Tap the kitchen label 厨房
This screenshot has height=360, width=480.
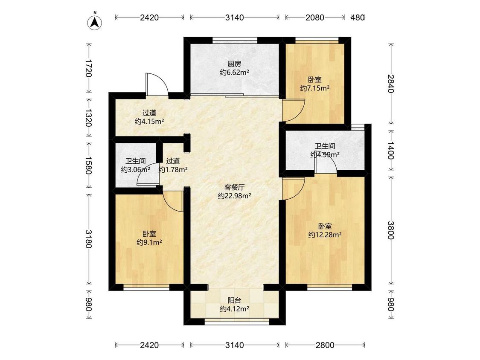(234, 64)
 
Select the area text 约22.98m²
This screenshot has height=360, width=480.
(235, 196)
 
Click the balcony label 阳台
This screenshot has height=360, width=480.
(234, 300)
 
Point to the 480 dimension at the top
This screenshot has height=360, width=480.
(357, 17)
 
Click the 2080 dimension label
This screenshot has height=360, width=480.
(314, 17)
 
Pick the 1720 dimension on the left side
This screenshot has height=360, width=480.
(88, 69)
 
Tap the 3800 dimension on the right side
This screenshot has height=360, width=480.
(391, 230)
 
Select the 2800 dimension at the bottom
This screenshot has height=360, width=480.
(325, 345)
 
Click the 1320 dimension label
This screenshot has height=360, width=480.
(88, 118)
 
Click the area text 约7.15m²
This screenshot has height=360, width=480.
(314, 88)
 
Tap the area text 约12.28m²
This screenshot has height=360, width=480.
(325, 235)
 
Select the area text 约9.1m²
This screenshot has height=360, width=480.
(149, 243)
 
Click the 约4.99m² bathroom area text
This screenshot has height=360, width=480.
(325, 154)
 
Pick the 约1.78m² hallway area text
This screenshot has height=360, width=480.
(173, 170)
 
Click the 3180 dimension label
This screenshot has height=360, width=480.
(88, 239)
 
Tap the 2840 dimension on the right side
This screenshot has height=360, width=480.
(391, 84)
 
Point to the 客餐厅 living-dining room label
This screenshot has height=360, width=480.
(235, 187)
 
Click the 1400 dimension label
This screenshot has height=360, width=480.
(391, 150)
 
